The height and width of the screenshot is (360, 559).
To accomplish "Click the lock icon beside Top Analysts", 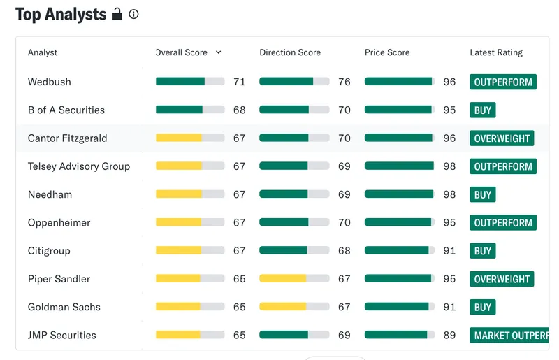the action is point(117,14).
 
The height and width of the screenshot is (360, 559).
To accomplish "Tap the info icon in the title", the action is point(133,14).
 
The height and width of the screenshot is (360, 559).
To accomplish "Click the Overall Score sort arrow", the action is point(219,52).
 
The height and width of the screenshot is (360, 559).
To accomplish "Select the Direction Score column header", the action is point(290,52).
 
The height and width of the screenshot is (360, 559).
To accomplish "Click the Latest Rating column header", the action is point(496,52).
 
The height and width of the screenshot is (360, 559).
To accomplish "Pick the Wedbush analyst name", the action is point(49,82).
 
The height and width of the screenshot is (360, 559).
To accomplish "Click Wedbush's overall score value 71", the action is point(240,82).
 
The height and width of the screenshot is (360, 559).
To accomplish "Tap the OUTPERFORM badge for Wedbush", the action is point(503,82).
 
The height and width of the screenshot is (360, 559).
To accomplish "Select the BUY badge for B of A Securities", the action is point(483,110).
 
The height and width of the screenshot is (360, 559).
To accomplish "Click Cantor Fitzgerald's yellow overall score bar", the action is point(179,138).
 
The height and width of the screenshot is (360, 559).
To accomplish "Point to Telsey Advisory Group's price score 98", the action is point(449,166).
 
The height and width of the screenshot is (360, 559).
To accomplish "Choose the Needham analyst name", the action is point(50,194).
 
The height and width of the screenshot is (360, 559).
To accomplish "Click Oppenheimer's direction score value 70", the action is point(344,222).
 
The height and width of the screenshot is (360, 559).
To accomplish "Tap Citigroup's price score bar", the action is point(399,250).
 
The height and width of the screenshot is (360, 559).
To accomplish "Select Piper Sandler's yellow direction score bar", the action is point(283,279).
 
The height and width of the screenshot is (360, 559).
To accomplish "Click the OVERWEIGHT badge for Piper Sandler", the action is point(502,279).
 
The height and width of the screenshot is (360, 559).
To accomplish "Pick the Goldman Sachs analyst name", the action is point(64,307).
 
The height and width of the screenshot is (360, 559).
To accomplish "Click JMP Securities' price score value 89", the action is point(449,335).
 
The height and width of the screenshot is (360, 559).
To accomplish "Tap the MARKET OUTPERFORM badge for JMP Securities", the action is point(510,335).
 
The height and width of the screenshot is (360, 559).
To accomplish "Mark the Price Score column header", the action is point(387,52).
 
